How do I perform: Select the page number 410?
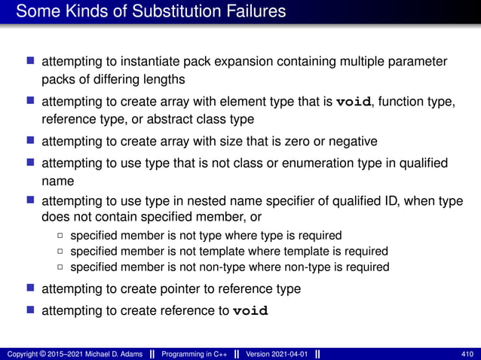coord(467,353)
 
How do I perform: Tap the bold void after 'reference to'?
coord(250,310)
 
